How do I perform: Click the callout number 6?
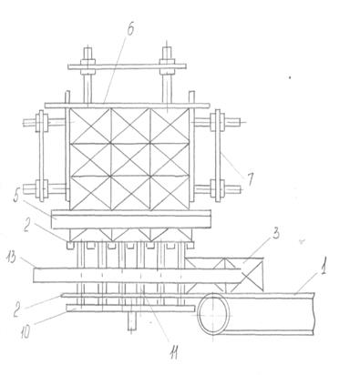click(x=130, y=29)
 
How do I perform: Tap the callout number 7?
click(x=250, y=179)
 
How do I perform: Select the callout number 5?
click(x=17, y=197)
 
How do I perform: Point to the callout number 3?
click(x=275, y=234)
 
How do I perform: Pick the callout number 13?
click(x=11, y=258)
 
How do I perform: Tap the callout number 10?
click(x=26, y=331)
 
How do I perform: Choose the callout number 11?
click(x=173, y=353)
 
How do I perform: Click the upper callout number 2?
click(x=26, y=227)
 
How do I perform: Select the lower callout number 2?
click(x=17, y=311)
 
